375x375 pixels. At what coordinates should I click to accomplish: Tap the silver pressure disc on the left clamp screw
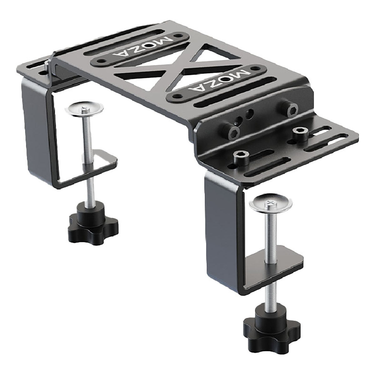coord(84,109)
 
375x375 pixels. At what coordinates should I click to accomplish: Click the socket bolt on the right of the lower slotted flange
coord(299,132)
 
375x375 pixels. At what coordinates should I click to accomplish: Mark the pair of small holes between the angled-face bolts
coord(246,117)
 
